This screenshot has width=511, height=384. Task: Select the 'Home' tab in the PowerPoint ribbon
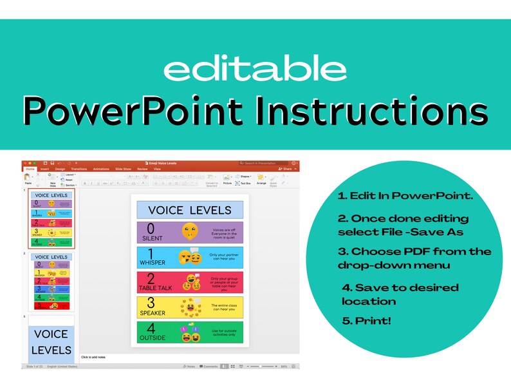30,169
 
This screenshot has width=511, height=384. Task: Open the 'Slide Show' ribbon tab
122,169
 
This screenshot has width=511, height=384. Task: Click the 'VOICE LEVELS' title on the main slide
190,210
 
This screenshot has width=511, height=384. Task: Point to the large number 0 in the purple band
151,229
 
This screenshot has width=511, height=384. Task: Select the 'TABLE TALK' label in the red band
155,288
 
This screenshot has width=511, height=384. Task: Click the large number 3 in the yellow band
151,303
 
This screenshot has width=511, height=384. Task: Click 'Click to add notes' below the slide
93,356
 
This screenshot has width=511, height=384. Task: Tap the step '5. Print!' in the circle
367,320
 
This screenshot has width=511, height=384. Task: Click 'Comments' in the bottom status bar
210,366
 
